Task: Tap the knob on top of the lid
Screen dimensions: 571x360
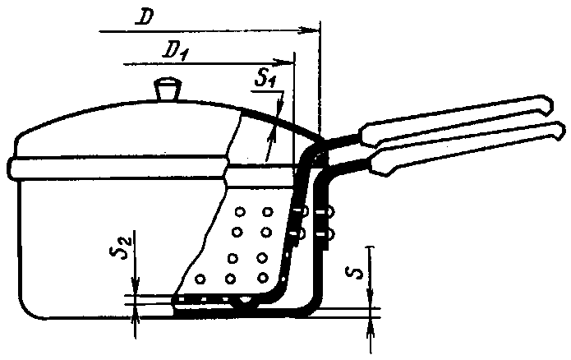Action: (168, 88)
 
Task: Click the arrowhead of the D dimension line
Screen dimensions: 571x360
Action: (311, 30)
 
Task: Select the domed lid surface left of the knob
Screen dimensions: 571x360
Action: (99, 115)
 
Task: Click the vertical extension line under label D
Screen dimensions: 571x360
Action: (320, 82)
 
